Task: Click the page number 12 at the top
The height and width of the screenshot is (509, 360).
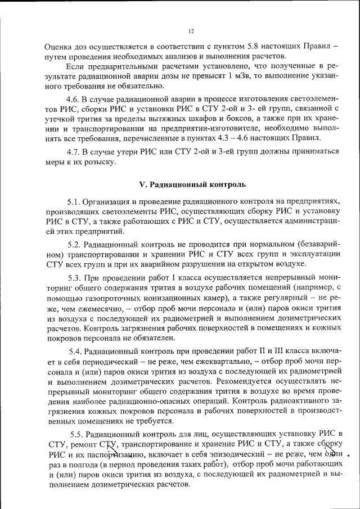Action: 191,31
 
